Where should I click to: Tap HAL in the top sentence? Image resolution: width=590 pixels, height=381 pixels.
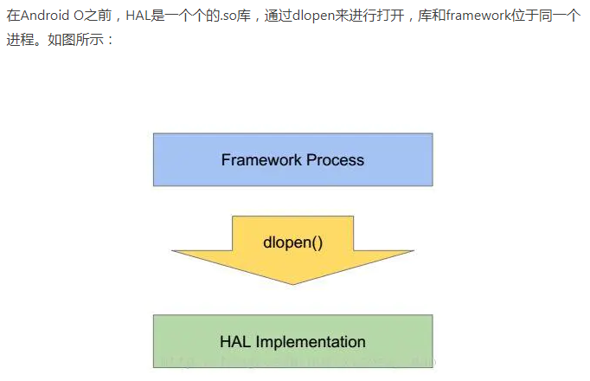[141, 16]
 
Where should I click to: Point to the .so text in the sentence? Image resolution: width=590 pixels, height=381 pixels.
[228, 16]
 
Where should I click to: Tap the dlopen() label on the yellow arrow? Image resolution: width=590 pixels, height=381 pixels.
[292, 242]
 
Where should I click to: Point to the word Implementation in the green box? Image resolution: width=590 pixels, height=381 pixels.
[309, 341]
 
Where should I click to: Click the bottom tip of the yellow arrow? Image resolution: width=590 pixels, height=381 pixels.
[292, 285]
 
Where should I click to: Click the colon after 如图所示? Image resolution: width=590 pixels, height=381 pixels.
[110, 41]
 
